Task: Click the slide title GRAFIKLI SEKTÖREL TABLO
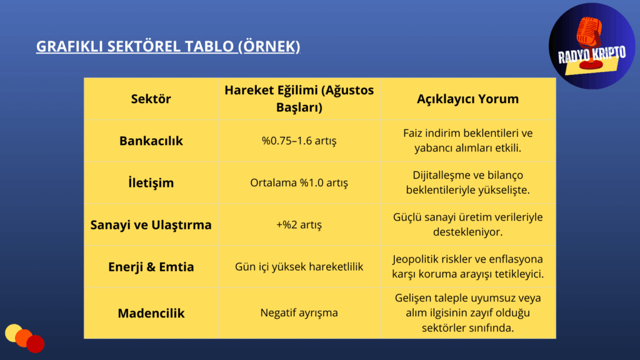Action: [x=168, y=46]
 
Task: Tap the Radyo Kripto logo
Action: [x=591, y=46]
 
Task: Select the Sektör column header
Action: [x=151, y=99]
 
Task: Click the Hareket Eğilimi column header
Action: [x=299, y=99]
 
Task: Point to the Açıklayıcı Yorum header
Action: [x=467, y=99]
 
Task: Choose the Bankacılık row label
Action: [x=151, y=141]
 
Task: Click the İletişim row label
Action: [x=151, y=183]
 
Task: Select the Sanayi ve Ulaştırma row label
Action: [x=151, y=225]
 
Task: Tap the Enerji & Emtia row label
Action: [x=151, y=267]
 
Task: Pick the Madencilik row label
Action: [x=151, y=313]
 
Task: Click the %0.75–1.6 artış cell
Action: [x=299, y=141]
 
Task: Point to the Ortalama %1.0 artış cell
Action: [x=299, y=183]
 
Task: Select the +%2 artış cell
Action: [x=299, y=225]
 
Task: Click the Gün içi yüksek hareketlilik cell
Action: [x=299, y=267]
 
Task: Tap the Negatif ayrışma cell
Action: [x=299, y=313]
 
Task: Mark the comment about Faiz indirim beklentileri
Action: [x=467, y=141]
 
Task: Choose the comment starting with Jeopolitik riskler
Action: [x=467, y=266]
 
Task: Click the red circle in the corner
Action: [x=36, y=344]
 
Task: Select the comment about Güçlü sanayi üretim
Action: [x=467, y=224]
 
